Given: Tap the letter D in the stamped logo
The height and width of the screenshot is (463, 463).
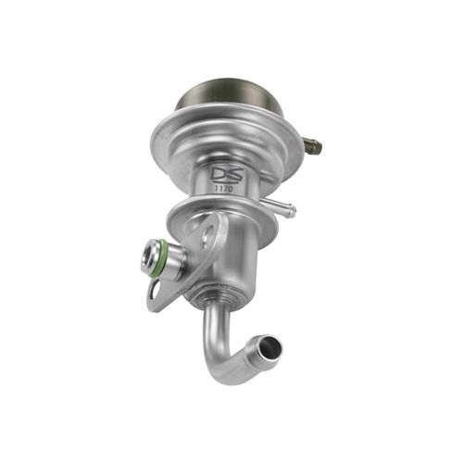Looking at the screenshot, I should click(x=218, y=173).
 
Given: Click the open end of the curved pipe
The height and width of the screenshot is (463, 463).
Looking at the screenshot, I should click(x=269, y=350).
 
